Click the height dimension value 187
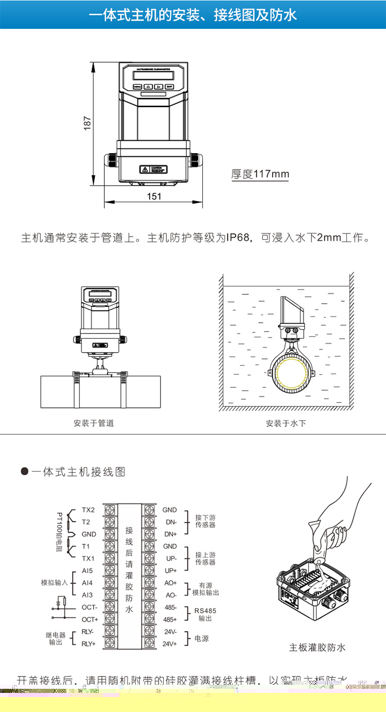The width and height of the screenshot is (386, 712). pyautogui.click(x=87, y=123)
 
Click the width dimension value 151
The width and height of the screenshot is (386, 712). pyautogui.click(x=154, y=196)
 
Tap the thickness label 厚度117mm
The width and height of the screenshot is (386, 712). pyautogui.click(x=260, y=174)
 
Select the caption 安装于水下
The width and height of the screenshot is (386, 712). pyautogui.click(x=286, y=423)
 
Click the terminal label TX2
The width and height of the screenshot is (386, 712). pyautogui.click(x=89, y=510)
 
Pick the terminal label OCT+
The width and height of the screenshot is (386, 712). pyautogui.click(x=90, y=619)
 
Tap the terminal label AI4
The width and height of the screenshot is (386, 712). pyautogui.click(x=87, y=583)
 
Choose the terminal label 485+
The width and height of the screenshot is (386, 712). pyautogui.click(x=170, y=619)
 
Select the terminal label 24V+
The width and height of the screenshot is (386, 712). pyautogui.click(x=170, y=643)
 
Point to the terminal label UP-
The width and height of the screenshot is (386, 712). pyautogui.click(x=170, y=558)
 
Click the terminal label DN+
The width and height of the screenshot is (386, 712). pyautogui.click(x=170, y=534)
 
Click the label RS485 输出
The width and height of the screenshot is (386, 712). pyautogui.click(x=205, y=614)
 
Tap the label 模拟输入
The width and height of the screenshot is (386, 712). pyautogui.click(x=55, y=583)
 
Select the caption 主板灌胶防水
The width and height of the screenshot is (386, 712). pyautogui.click(x=317, y=648)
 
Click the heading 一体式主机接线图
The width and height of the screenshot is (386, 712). pyautogui.click(x=78, y=472)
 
